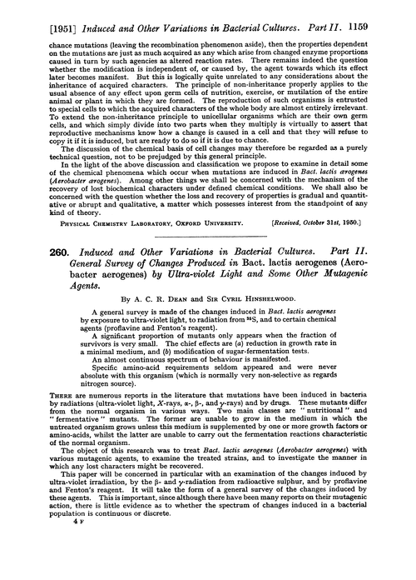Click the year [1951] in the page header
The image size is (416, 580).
(26, 12)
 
